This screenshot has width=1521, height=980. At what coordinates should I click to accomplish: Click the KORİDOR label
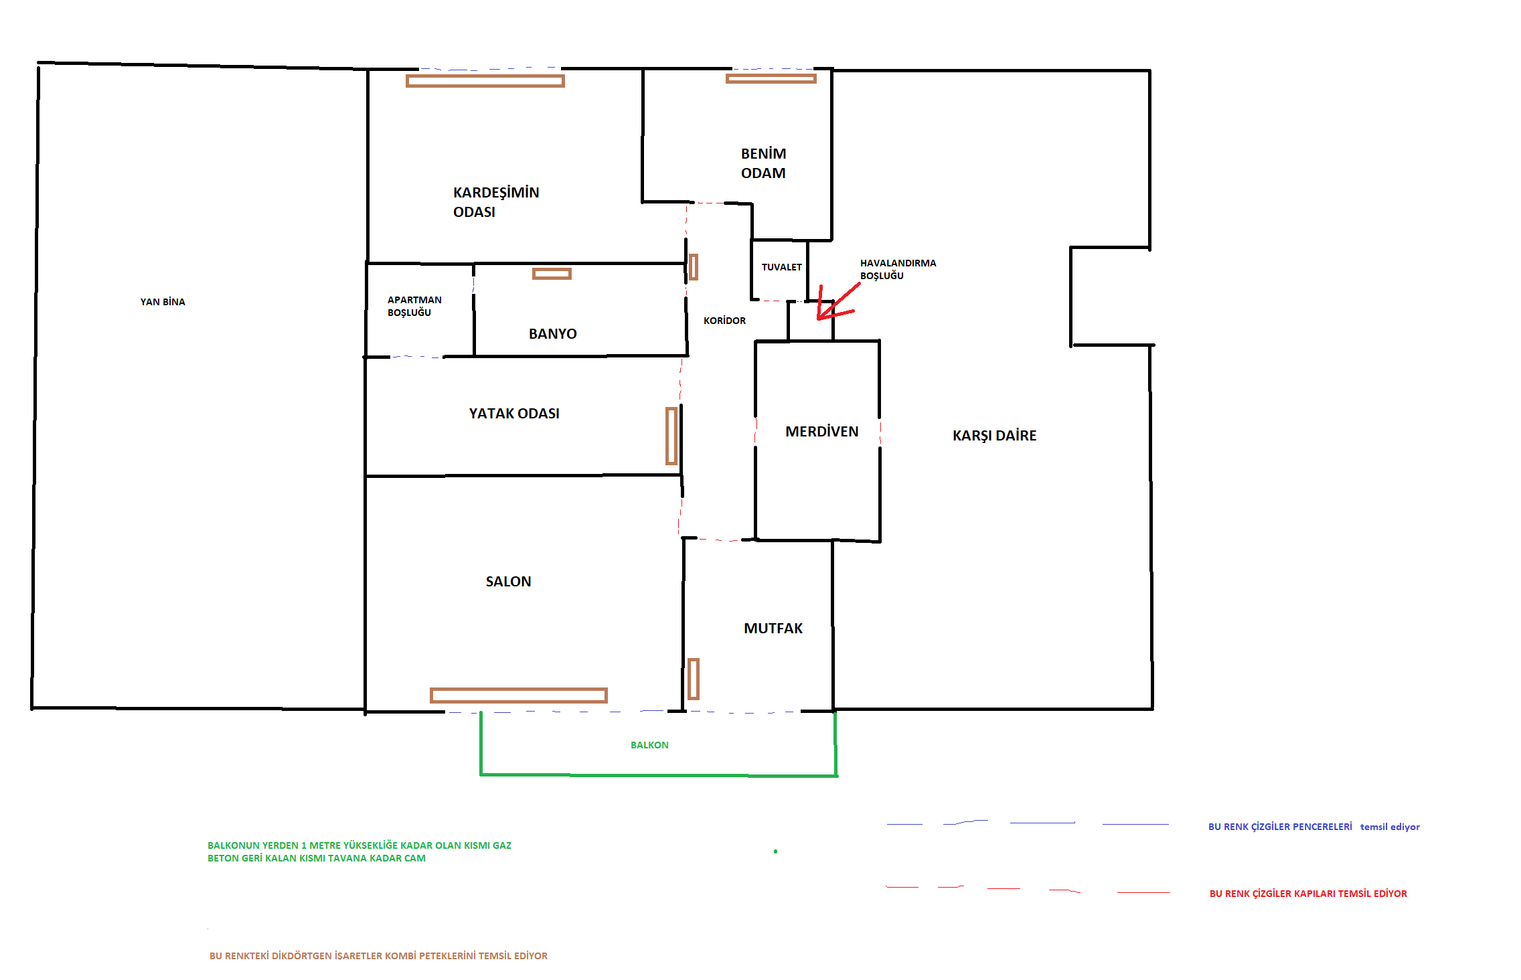(724, 321)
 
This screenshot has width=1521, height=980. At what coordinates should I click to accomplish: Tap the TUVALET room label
(781, 267)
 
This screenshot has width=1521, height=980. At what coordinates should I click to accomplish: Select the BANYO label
(552, 333)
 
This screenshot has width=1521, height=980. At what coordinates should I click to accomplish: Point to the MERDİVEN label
(821, 431)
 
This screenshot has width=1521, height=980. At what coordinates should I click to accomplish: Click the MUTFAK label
(773, 628)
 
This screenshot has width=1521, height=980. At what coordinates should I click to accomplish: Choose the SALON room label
(508, 581)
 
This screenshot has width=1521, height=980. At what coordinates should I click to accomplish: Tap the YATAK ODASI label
(514, 413)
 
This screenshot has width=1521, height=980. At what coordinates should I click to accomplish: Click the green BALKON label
(649, 745)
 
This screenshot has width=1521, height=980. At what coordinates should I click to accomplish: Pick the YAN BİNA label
(163, 302)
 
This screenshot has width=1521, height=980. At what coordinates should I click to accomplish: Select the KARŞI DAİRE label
(994, 435)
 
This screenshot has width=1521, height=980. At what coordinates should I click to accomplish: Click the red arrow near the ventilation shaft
(837, 303)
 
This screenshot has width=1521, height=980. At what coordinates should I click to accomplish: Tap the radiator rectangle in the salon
(518, 696)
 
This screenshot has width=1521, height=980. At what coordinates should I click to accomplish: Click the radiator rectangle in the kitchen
(694, 679)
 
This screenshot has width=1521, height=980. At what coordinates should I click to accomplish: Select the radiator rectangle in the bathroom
(552, 274)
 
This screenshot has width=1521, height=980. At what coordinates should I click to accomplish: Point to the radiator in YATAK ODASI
(671, 436)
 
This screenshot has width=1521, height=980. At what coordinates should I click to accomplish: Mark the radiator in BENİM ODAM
(771, 79)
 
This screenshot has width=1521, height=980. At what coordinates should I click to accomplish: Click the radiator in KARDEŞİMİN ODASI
(485, 81)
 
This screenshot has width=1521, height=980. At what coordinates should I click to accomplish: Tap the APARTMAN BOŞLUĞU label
(414, 306)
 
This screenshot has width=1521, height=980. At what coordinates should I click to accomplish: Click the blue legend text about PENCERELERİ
(1313, 827)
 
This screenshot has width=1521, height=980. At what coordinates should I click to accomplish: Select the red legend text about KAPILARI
(1308, 894)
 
